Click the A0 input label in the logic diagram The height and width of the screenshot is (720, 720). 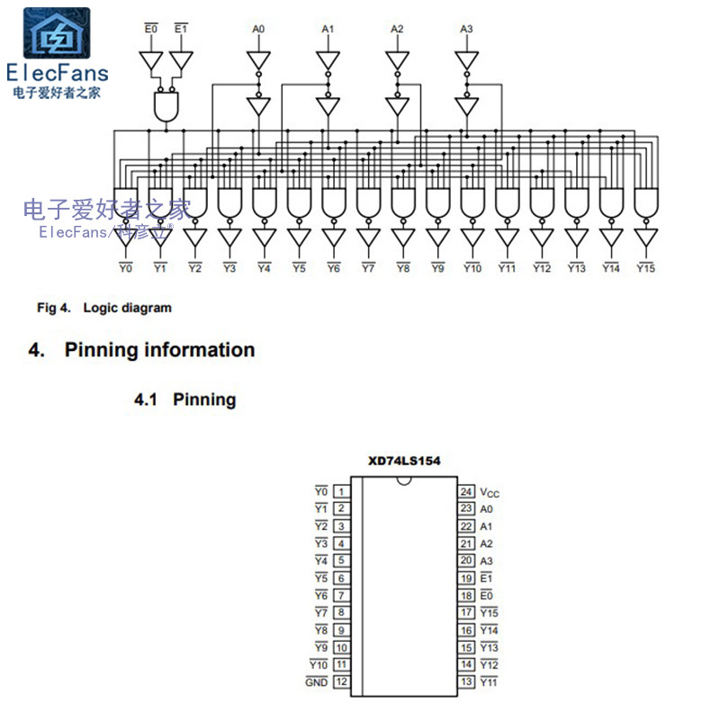pyautogui.click(x=258, y=30)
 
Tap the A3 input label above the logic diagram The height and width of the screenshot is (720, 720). pyautogui.click(x=465, y=30)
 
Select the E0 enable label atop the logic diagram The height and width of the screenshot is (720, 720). pyautogui.click(x=151, y=30)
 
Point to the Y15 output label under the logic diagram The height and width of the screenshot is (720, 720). pyautogui.click(x=645, y=268)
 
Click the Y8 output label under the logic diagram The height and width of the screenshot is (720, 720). pyautogui.click(x=402, y=268)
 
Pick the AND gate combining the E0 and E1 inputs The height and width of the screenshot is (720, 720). pyautogui.click(x=166, y=108)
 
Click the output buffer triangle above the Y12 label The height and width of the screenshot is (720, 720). pyautogui.click(x=541, y=238)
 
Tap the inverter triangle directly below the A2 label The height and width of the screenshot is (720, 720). pyautogui.click(x=397, y=60)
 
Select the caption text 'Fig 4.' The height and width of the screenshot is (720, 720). pyautogui.click(x=53, y=308)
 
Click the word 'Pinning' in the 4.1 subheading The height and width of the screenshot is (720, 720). pyautogui.click(x=204, y=400)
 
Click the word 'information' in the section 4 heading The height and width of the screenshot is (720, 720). pyautogui.click(x=199, y=350)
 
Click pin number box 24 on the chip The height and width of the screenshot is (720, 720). pyautogui.click(x=466, y=491)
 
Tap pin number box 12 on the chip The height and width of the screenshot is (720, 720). pyautogui.click(x=342, y=682)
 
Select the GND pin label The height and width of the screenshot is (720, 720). pyautogui.click(x=317, y=682)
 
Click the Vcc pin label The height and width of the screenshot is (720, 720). pyautogui.click(x=490, y=492)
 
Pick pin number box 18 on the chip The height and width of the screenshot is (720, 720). pyautogui.click(x=466, y=595)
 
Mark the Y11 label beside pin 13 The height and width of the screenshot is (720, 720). pyautogui.click(x=490, y=682)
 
